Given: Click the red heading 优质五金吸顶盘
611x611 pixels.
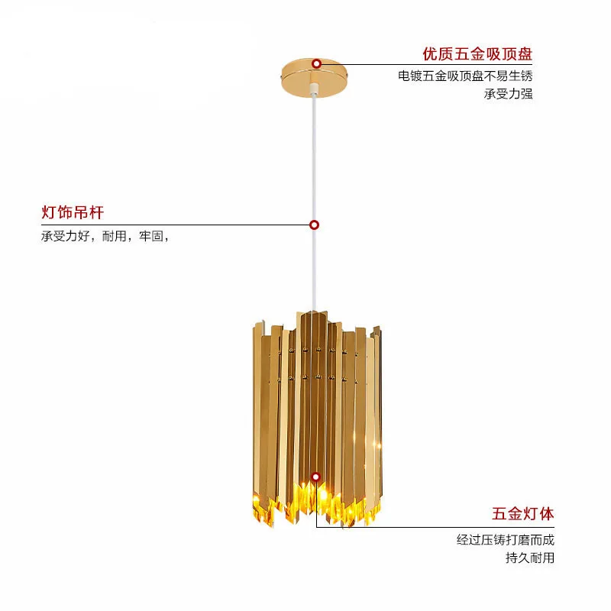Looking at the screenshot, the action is click(x=477, y=54).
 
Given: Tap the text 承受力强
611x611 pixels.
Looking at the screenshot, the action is click(x=508, y=94).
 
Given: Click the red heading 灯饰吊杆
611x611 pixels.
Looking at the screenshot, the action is click(x=73, y=212).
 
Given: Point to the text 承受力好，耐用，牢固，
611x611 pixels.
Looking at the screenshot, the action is click(x=105, y=236).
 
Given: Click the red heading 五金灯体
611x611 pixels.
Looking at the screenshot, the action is click(x=522, y=513).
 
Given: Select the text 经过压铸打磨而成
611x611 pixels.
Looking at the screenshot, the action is click(x=506, y=540).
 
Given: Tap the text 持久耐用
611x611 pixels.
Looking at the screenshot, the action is click(x=530, y=558).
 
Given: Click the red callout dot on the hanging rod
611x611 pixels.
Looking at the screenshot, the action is click(x=314, y=225).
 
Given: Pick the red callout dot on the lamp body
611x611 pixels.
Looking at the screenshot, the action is click(x=315, y=477).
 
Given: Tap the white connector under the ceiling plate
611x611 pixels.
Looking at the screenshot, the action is click(x=313, y=92).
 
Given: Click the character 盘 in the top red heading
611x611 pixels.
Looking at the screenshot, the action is click(x=524, y=54).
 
